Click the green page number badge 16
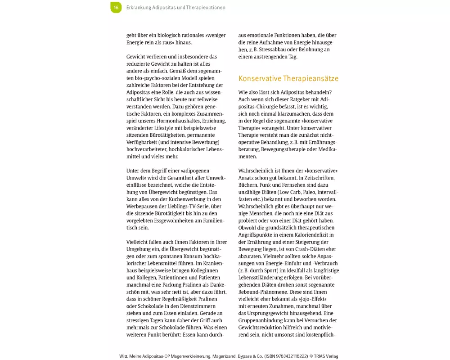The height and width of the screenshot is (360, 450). pyautogui.click(x=116, y=7)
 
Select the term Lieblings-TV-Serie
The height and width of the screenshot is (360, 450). pyautogui.click(x=190, y=206)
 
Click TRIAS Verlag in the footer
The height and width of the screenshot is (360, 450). pyautogui.click(x=326, y=356)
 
